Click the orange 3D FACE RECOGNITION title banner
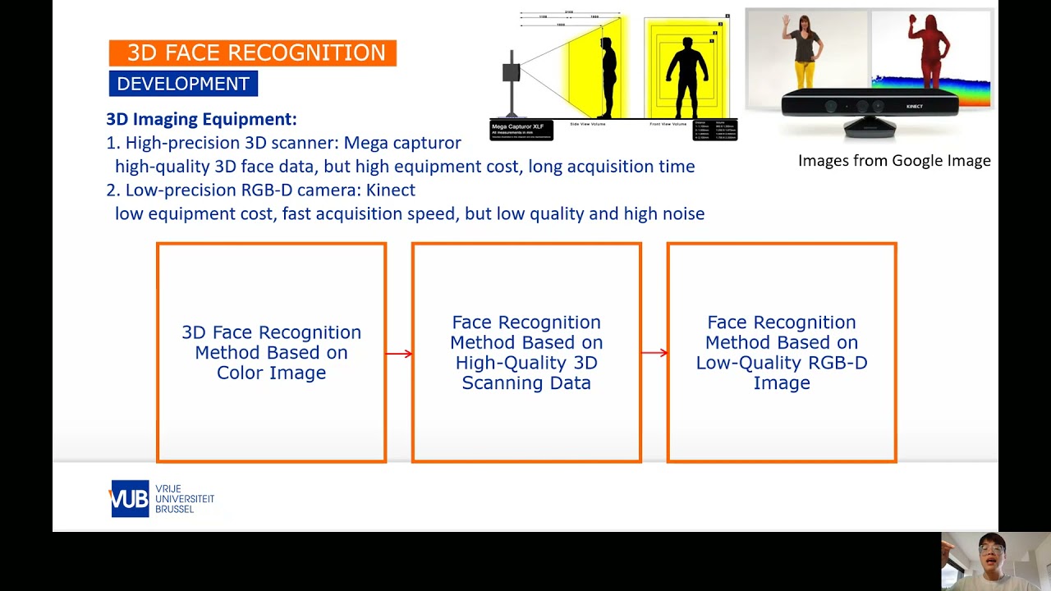click(253, 53)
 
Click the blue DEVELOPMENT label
click(183, 84)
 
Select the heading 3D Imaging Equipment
click(201, 119)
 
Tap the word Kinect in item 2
click(391, 190)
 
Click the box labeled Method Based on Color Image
click(271, 352)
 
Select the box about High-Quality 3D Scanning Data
click(526, 352)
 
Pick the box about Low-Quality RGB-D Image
click(781, 352)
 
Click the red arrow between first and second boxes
click(399, 354)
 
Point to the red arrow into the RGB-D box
click(654, 353)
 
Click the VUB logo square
click(130, 498)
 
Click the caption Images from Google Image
click(894, 161)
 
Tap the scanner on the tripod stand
click(512, 78)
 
